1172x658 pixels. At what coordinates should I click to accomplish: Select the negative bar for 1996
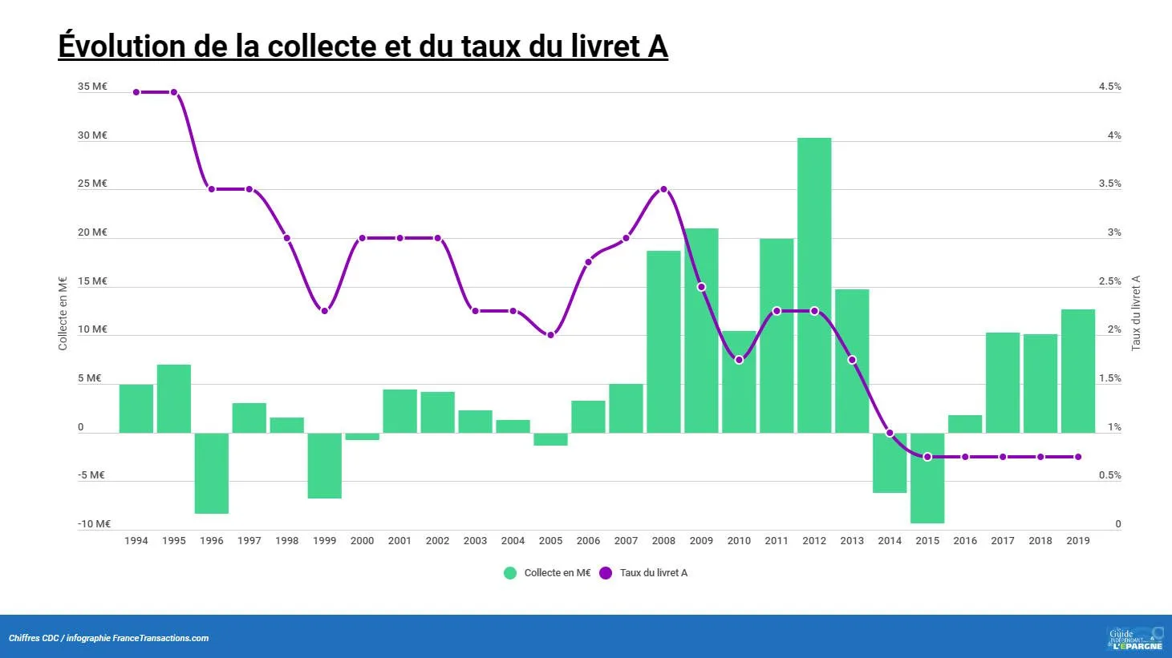[x=212, y=473]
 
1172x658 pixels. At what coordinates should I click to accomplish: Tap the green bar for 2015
[x=927, y=478]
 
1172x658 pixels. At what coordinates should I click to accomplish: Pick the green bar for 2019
[x=1078, y=371]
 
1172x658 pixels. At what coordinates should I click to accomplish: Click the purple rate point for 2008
[x=663, y=190]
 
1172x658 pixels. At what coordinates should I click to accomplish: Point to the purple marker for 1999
[x=325, y=311]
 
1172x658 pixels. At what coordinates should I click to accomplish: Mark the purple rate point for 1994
[x=136, y=92]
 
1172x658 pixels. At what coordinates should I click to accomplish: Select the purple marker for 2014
[x=890, y=433]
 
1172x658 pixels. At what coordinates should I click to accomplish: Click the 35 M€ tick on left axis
[x=92, y=87]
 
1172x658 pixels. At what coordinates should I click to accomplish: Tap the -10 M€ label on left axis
[x=94, y=524]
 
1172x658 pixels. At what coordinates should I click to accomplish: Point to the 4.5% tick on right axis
[x=1109, y=87]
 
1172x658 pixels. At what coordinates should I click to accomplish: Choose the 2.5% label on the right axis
[x=1109, y=281]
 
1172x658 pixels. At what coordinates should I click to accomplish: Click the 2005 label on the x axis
[x=550, y=541]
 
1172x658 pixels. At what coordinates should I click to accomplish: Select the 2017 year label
[x=1003, y=541]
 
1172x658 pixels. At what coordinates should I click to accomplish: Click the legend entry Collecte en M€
[x=557, y=573]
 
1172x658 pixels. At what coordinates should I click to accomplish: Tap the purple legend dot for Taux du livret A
[x=606, y=573]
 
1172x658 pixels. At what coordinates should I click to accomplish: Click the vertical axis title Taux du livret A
[x=1136, y=313]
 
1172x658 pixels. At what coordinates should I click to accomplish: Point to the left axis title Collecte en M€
[x=63, y=313]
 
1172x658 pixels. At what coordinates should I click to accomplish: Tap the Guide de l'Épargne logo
[x=1135, y=638]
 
